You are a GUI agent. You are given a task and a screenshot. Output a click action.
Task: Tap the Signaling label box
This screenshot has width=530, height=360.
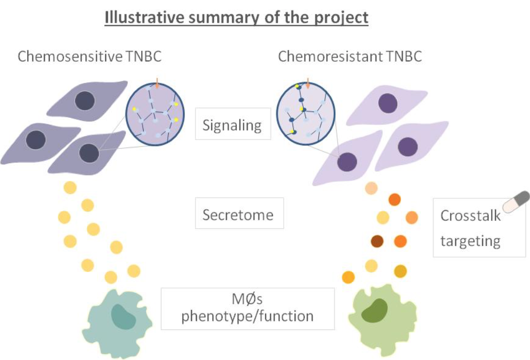point(233,124)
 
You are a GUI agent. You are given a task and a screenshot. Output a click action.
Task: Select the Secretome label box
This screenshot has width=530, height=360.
point(239,213)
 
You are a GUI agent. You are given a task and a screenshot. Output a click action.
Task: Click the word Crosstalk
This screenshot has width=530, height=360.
point(470,216)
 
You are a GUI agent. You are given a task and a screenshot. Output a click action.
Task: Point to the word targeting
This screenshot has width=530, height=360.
point(470,242)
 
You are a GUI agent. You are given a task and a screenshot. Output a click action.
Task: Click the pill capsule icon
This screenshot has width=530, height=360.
point(516,202)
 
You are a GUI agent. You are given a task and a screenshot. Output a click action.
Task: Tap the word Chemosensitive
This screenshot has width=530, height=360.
point(70,56)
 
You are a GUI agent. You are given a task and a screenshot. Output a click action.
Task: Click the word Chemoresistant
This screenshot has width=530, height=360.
point(330,56)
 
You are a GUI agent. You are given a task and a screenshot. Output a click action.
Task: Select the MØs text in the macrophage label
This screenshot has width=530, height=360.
point(247,299)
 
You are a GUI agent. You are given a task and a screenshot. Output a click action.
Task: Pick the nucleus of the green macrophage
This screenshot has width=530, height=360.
point(374,310)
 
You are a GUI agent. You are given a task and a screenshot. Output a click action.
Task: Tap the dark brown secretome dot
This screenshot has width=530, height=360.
point(377,242)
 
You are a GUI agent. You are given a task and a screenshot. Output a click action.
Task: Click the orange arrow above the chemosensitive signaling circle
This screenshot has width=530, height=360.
point(157,83)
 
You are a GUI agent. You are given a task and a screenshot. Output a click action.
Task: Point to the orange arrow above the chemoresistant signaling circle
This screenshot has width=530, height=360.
point(307,83)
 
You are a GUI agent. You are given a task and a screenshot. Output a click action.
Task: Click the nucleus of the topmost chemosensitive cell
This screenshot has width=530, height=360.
point(85,101)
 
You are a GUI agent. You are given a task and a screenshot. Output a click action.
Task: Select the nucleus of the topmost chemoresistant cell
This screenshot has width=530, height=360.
point(388,103)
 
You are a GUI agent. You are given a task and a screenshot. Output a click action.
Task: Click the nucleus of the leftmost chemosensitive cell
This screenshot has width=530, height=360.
point(36,140)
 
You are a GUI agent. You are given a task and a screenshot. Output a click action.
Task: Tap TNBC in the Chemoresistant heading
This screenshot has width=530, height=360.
point(404,56)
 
